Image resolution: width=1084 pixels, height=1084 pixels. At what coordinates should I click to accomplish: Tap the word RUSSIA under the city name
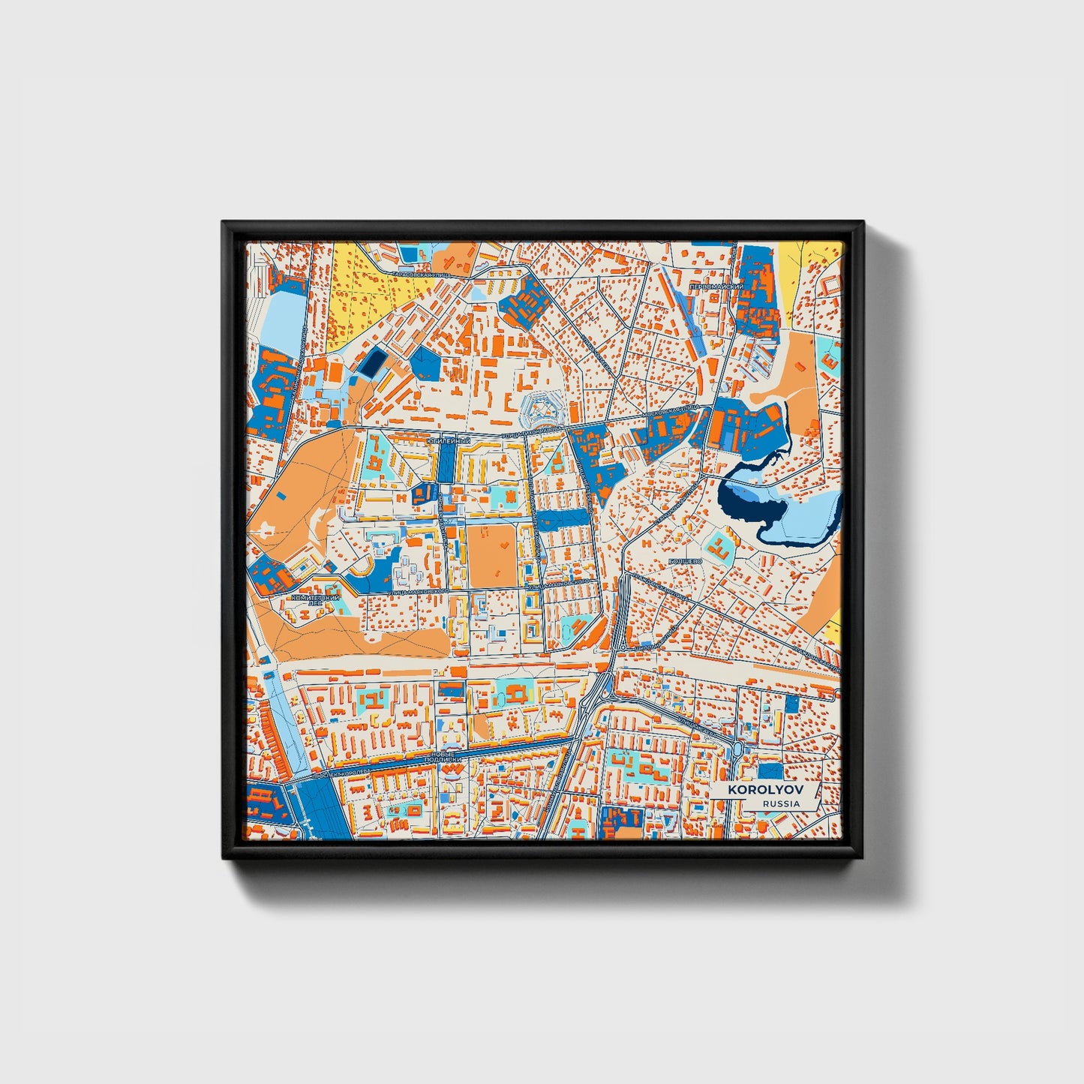click(780, 803)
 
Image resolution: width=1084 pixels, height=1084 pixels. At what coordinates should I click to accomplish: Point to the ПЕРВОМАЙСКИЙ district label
click(716, 287)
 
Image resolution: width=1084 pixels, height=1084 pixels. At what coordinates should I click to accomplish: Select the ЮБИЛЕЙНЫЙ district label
click(448, 442)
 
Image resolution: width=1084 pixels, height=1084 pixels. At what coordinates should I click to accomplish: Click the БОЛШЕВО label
click(684, 560)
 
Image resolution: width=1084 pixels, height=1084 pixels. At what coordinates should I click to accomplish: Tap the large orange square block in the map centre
click(492, 556)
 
